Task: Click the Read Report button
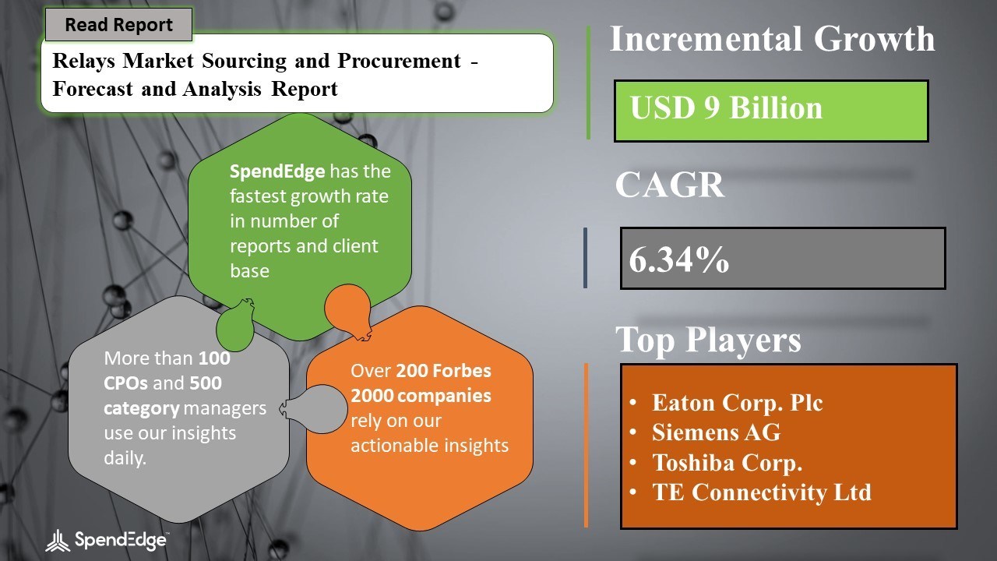(119, 24)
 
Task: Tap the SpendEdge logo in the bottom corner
(107, 541)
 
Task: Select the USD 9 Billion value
(726, 108)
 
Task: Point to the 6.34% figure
(678, 259)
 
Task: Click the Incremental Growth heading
(772, 39)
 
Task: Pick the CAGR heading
(670, 185)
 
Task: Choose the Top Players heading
(708, 340)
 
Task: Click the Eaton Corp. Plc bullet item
(737, 403)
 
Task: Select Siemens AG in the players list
(716, 432)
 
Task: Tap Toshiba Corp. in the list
(727, 463)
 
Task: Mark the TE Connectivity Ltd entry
(762, 492)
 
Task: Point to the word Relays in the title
(83, 61)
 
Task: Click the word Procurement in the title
(399, 61)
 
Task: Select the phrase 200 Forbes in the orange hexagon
(443, 370)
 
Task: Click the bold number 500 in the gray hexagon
(206, 383)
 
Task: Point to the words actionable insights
(429, 445)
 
